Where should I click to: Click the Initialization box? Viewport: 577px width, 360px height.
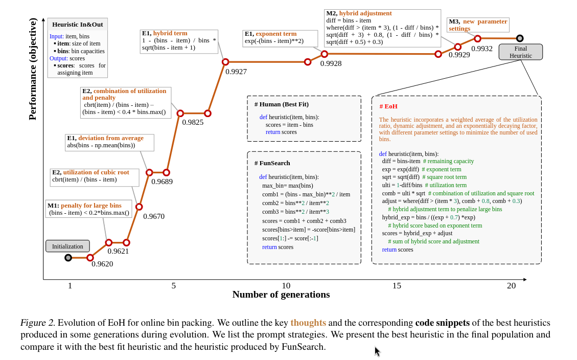[67, 246]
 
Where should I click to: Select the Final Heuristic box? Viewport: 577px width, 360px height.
[520, 52]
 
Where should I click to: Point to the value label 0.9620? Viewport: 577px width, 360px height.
[102, 264]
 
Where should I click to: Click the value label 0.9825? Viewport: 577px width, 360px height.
[193, 122]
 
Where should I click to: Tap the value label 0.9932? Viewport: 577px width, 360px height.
[482, 49]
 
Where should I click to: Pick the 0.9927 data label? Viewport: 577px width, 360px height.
[236, 72]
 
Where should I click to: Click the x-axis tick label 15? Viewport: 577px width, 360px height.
[397, 286]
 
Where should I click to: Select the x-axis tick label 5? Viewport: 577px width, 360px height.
[174, 286]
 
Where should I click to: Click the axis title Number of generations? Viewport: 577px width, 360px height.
[281, 295]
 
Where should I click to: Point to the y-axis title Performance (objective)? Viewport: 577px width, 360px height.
[33, 69]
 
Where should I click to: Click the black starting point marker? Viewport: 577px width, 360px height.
[68, 258]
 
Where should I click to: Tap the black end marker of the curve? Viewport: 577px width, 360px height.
[520, 38]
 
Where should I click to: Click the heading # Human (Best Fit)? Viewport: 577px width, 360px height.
[282, 104]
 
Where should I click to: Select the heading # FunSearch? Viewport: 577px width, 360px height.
[272, 163]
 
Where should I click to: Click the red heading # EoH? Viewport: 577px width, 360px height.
[388, 106]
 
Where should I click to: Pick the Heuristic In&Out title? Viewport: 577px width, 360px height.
[78, 24]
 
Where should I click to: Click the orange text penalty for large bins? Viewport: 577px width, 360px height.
[91, 206]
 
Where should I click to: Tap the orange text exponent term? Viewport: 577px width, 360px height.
[276, 34]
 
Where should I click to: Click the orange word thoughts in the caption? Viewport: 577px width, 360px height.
[308, 323]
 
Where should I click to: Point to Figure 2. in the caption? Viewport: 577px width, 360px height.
[37, 323]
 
